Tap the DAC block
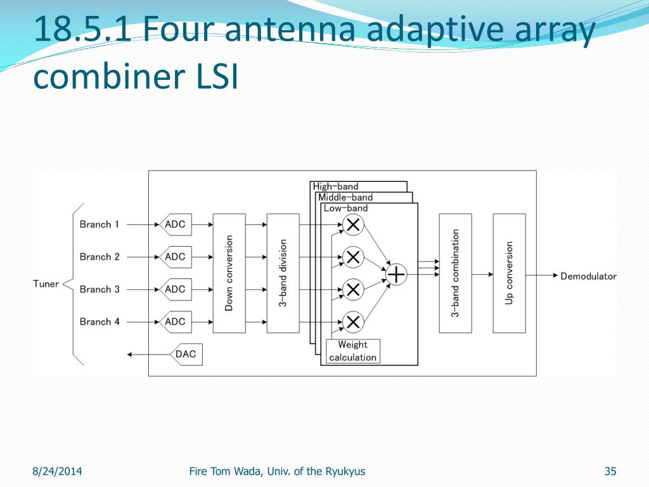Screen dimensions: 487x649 [x=185, y=354]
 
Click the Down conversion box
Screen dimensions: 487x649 [x=229, y=273]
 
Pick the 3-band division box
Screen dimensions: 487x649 [x=283, y=273]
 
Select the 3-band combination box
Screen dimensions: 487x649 [x=455, y=273]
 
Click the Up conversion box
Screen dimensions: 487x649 [x=509, y=273]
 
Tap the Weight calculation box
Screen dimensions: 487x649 [x=352, y=351]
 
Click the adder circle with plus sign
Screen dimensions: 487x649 [x=396, y=274]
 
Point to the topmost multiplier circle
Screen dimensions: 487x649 [x=353, y=224]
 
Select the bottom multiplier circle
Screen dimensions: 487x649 [x=353, y=322]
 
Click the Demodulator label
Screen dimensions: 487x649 [x=588, y=276]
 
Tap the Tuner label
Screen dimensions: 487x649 [x=46, y=283]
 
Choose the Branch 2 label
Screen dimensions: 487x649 [x=100, y=257]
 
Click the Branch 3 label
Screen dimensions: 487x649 [x=100, y=289]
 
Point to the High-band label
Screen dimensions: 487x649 [x=336, y=186]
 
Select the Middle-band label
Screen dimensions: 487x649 [x=345, y=197]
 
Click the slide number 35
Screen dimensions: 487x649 [x=610, y=471]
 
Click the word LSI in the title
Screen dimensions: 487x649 [x=212, y=79]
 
